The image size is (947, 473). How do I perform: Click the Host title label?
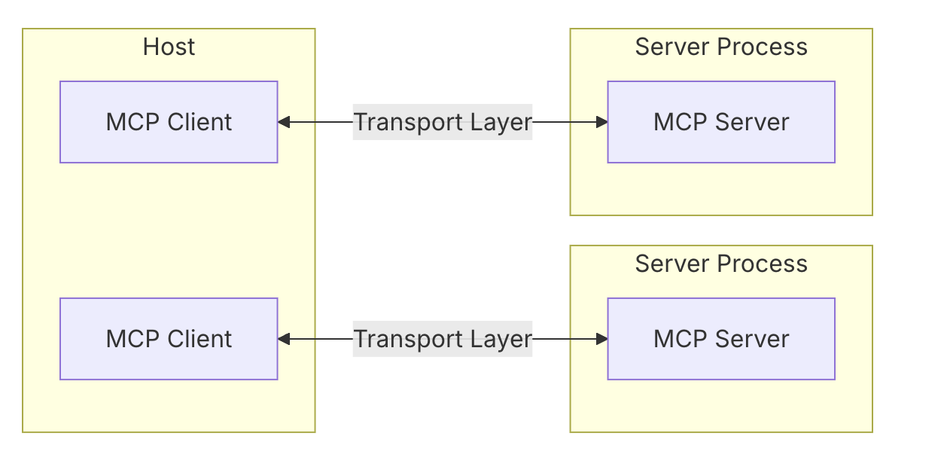169,47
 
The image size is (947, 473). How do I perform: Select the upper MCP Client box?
169,122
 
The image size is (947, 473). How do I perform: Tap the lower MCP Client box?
169,339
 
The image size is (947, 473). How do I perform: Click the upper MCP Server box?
721,122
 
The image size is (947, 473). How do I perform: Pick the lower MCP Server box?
721,339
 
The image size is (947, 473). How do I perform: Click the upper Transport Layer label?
443,122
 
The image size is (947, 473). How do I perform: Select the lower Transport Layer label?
443,339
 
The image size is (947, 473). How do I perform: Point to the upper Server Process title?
721,47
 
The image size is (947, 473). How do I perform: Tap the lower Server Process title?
721,264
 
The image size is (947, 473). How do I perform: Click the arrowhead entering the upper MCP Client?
284,122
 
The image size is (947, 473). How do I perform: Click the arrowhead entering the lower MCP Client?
284,339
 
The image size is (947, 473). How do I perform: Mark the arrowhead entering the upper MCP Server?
602,122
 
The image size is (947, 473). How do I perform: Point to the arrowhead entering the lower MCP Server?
602,339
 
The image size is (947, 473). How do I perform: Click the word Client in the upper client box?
199,122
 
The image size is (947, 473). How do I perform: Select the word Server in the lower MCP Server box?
752,339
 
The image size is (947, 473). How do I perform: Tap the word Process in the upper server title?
763,47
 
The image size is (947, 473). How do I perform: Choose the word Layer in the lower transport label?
501,339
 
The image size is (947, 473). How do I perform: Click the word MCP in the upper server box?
681,122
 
